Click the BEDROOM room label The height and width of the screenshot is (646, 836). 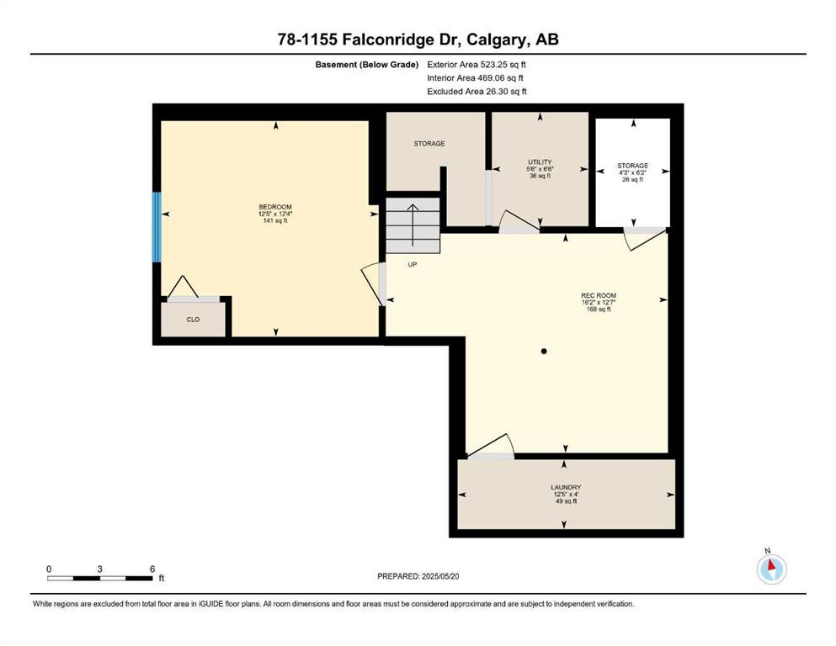275,207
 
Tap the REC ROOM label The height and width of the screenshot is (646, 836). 599,295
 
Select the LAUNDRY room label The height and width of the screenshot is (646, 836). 566,487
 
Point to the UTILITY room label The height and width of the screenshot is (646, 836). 540,161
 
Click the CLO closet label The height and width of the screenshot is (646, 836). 193,320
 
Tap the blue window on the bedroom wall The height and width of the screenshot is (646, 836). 157,227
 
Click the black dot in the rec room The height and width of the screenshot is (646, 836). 544,352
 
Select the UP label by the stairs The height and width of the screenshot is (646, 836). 413,264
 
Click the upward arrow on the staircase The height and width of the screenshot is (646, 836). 413,225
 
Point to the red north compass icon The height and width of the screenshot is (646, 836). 771,569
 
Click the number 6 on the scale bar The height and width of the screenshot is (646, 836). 152,569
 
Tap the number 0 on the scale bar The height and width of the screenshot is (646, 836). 49,569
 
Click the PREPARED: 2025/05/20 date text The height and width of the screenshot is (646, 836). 418,576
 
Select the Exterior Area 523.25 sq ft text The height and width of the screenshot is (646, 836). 477,65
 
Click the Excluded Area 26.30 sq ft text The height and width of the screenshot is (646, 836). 477,92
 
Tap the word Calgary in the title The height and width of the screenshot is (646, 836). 493,40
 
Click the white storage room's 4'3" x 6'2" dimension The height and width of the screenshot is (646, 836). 633,172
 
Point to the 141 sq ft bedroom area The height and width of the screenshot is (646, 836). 275,220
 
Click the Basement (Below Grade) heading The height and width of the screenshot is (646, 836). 367,65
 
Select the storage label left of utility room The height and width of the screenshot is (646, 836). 429,144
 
